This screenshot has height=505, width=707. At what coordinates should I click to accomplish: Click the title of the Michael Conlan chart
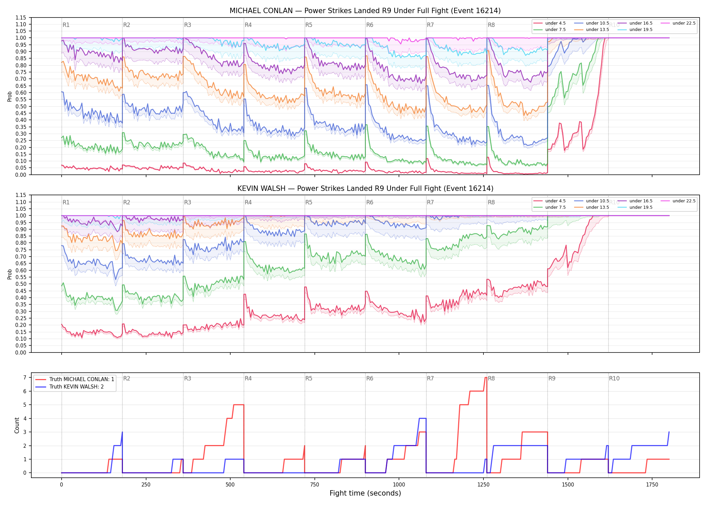(365, 11)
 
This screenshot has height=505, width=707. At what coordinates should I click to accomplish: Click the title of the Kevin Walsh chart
(365, 189)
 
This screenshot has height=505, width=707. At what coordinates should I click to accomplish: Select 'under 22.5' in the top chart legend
(684, 23)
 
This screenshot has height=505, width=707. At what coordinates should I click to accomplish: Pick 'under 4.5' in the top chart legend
(555, 23)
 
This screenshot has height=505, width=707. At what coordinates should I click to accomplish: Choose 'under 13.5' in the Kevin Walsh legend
(597, 207)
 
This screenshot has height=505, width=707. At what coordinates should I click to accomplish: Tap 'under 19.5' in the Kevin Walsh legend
(641, 207)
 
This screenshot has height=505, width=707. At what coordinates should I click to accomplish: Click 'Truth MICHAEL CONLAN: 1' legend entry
(81, 379)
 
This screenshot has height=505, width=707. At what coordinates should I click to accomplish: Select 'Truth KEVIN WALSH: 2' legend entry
(76, 387)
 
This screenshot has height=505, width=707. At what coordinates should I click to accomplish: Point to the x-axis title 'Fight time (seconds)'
(365, 493)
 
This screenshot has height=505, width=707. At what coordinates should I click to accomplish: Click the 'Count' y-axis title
(17, 425)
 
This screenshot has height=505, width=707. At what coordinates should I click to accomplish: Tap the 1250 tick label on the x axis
(483, 485)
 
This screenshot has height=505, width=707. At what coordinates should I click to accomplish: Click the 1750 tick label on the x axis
(652, 485)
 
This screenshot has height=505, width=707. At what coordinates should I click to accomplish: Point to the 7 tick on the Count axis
(25, 377)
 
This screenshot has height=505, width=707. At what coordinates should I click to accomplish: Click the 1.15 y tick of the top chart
(21, 18)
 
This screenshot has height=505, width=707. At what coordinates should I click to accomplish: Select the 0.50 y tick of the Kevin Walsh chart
(21, 284)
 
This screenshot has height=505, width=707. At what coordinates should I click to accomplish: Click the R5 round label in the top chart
(309, 25)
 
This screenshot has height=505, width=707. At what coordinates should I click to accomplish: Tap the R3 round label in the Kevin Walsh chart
(188, 202)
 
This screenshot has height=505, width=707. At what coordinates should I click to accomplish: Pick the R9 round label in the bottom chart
(552, 378)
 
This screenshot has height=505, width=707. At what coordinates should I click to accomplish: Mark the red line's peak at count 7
(485, 377)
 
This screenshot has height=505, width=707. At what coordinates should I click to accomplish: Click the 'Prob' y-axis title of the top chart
(10, 96)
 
